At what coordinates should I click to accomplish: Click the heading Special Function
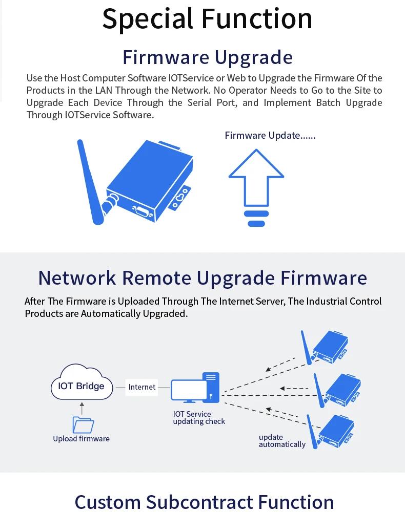[x=207, y=19]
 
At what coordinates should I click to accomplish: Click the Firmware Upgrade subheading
[x=208, y=58]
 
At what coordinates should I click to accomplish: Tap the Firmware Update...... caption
[x=270, y=136]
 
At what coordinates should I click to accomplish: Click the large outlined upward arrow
[x=256, y=178]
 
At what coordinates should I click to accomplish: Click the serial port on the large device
[x=143, y=212]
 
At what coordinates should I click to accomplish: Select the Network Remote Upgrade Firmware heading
[x=202, y=278]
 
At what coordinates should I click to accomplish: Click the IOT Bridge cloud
[x=82, y=382]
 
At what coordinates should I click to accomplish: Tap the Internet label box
[x=141, y=387]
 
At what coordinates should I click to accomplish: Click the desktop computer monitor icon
[x=189, y=391]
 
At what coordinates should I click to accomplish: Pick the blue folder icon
[x=83, y=425]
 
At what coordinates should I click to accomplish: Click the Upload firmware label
[x=81, y=439]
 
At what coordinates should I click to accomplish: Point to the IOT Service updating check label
[x=199, y=418]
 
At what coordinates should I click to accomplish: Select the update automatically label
[x=282, y=441]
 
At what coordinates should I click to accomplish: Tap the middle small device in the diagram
[x=337, y=391]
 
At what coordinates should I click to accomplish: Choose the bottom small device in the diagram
[x=330, y=432]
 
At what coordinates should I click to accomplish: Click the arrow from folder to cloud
[x=82, y=409]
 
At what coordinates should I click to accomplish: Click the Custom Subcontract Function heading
[x=205, y=502]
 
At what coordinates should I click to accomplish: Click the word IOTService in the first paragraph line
[x=191, y=78]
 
